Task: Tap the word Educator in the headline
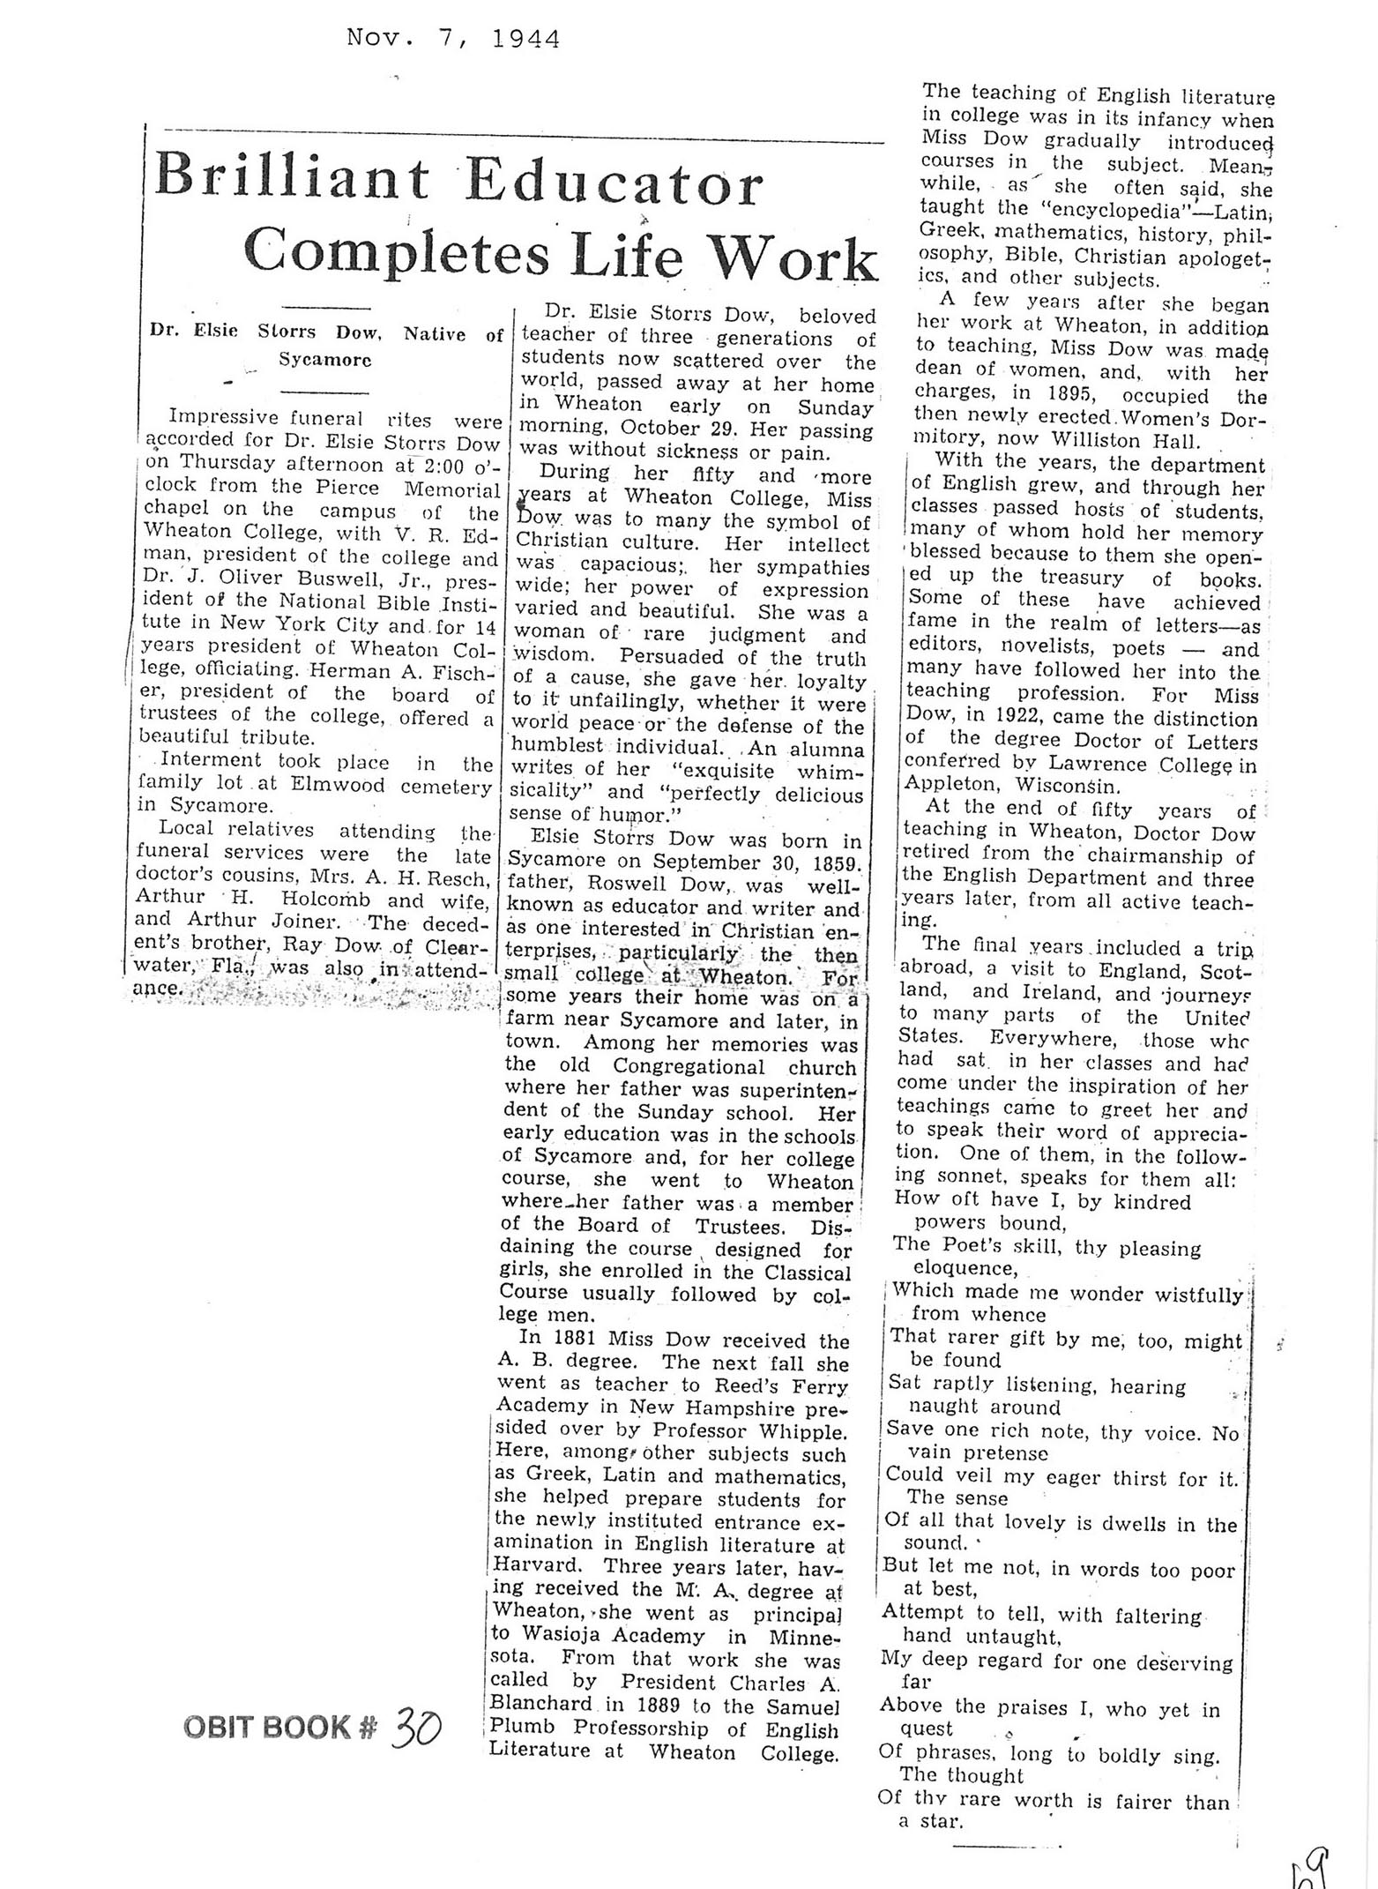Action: (614, 183)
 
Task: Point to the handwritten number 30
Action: (415, 1727)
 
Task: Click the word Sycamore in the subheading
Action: (325, 359)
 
